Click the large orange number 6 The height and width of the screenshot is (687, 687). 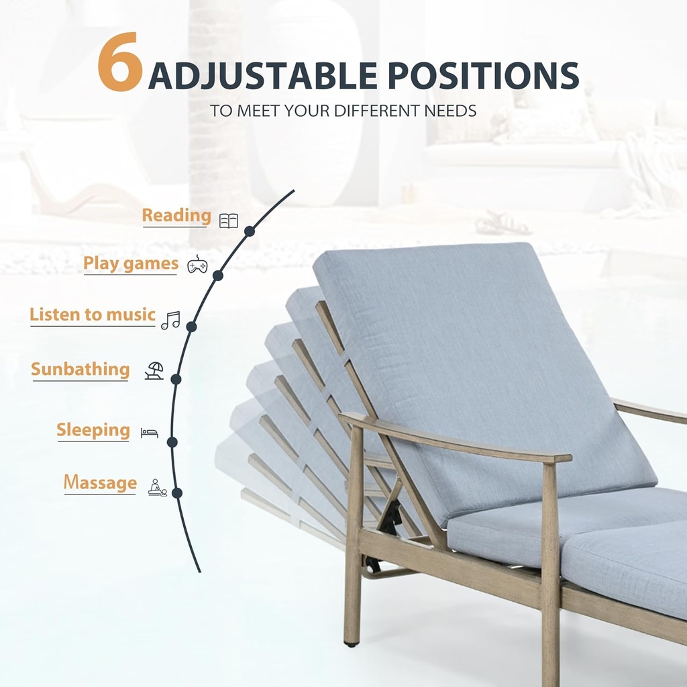click(x=120, y=64)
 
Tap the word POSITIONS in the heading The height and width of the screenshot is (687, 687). click(x=484, y=76)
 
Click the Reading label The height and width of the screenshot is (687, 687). click(x=176, y=216)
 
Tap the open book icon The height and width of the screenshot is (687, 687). click(x=229, y=221)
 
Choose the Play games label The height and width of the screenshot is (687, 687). click(x=131, y=264)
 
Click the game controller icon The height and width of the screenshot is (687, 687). click(x=197, y=266)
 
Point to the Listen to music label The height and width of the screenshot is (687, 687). click(x=93, y=315)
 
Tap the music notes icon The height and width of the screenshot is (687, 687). click(x=170, y=320)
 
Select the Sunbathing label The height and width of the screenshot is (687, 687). click(x=81, y=370)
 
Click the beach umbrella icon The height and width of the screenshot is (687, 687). click(x=154, y=370)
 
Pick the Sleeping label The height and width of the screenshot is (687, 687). click(x=93, y=430)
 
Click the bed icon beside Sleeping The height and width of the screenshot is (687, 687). click(x=150, y=433)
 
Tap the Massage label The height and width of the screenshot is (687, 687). click(x=100, y=482)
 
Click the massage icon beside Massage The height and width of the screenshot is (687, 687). click(x=157, y=487)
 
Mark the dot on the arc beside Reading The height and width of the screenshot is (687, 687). click(x=250, y=231)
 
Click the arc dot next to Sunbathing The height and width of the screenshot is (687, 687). click(x=176, y=379)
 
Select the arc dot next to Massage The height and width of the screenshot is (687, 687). click(x=177, y=492)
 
